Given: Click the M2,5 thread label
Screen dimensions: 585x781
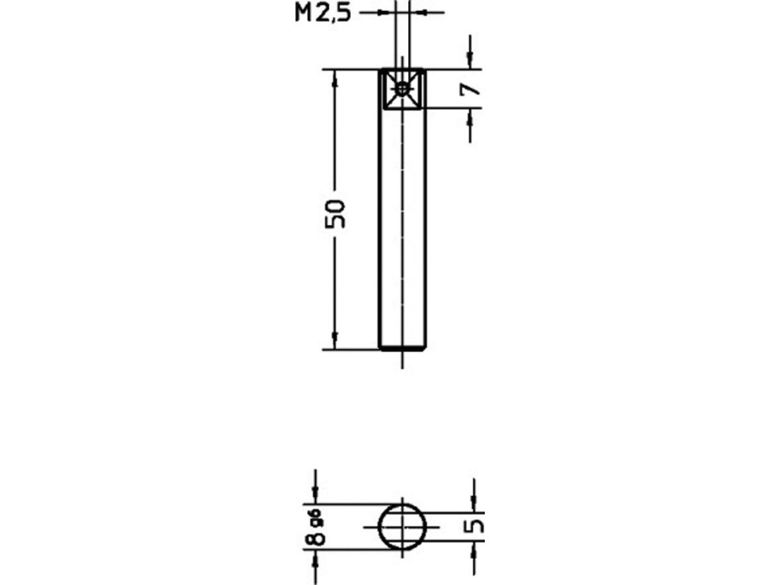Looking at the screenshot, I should (322, 13).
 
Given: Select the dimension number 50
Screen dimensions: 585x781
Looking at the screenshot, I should (335, 213).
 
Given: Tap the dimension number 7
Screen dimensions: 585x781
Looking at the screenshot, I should (471, 88).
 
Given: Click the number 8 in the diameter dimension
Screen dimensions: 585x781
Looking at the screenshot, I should (316, 537).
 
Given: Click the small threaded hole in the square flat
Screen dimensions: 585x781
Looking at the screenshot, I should (403, 90).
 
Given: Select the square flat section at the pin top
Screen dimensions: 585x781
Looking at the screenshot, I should (403, 89).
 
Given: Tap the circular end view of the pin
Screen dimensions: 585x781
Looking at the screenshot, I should (403, 526).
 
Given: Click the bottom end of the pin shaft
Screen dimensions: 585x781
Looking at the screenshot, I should (402, 349).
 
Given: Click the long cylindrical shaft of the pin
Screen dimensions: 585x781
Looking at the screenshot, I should (402, 227).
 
